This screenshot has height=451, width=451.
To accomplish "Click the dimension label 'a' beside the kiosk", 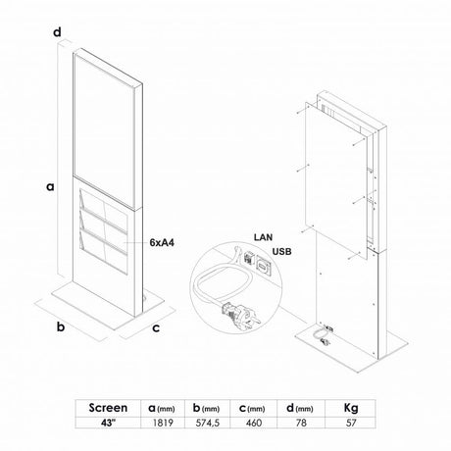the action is click(x=50, y=187).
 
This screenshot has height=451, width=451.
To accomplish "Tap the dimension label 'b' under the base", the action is click(x=61, y=326).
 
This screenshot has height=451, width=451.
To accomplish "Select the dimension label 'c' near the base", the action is click(x=156, y=327).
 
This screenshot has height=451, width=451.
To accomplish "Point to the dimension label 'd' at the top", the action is click(x=57, y=32).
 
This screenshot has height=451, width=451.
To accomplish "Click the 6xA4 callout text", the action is click(x=162, y=242).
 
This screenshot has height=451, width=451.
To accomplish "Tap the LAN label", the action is click(x=264, y=237).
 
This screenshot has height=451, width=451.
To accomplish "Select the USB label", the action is click(x=281, y=252).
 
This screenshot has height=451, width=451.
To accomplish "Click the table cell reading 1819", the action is click(x=163, y=423).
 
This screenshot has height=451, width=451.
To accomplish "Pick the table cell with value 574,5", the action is click(x=208, y=423).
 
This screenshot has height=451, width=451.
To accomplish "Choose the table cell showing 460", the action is click(x=254, y=423).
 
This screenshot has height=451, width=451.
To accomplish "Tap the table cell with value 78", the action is click(x=301, y=423).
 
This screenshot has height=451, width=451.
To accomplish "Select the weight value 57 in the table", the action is click(x=351, y=423).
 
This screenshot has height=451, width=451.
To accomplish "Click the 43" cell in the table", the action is click(x=108, y=423).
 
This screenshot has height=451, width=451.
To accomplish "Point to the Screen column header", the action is click(x=108, y=408).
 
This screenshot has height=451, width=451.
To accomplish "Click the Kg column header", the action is click(x=351, y=408).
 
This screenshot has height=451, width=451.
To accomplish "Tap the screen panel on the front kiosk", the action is click(x=105, y=130).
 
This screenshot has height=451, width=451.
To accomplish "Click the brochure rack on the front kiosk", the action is click(x=103, y=231).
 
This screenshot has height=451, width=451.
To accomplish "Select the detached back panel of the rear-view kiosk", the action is click(x=336, y=180).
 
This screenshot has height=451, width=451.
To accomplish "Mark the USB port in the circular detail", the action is click(x=263, y=264).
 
